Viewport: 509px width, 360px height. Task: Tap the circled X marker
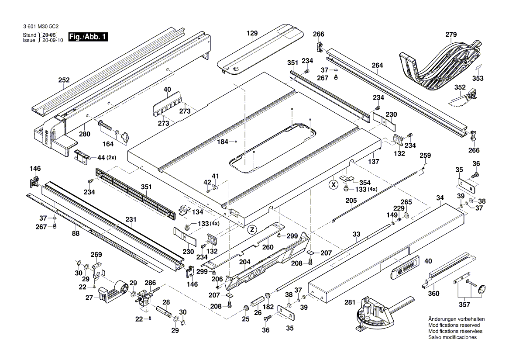[334, 184]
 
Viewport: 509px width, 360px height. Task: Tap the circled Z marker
[251, 229]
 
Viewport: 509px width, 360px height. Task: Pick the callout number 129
[252, 33]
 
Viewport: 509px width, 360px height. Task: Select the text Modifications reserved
[454, 325]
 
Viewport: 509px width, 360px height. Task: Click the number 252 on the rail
[64, 80]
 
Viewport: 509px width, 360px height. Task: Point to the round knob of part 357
[482, 289]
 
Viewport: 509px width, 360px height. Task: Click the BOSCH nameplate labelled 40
[405, 266]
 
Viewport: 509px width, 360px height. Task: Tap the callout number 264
[377, 66]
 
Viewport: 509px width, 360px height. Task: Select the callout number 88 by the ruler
[76, 234]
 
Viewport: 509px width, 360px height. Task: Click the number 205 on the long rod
[351, 201]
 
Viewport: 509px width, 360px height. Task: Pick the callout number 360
[433, 294]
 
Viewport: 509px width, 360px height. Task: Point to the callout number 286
[150, 283]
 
